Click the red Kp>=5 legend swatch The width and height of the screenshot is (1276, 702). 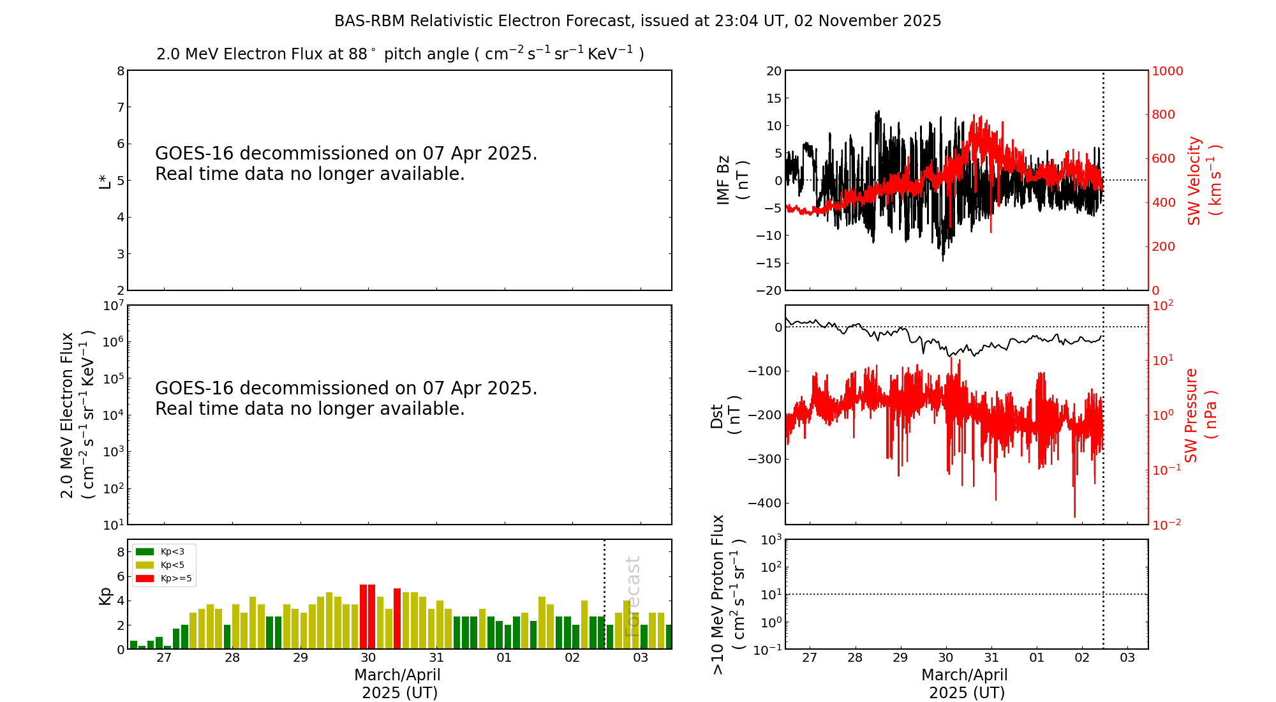145,579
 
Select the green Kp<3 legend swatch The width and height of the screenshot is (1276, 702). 145,551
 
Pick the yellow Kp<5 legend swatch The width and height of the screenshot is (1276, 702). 145,565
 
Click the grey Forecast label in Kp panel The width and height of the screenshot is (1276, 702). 632,596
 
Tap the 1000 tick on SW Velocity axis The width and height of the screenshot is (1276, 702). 1167,71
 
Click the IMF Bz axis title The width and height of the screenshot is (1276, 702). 732,180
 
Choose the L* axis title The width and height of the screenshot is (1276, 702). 105,180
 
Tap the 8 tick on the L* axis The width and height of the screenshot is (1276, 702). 121,71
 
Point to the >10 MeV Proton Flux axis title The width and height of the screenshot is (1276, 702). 728,594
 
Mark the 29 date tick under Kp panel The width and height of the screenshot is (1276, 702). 300,658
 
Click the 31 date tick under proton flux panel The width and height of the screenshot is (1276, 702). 991,658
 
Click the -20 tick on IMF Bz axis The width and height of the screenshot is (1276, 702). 769,290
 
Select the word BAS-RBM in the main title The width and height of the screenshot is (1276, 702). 369,21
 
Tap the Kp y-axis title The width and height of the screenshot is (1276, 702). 105,595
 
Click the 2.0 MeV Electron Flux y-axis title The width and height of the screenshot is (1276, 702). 77,415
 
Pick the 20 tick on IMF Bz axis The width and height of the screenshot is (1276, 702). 774,71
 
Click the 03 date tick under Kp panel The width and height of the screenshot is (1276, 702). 641,658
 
